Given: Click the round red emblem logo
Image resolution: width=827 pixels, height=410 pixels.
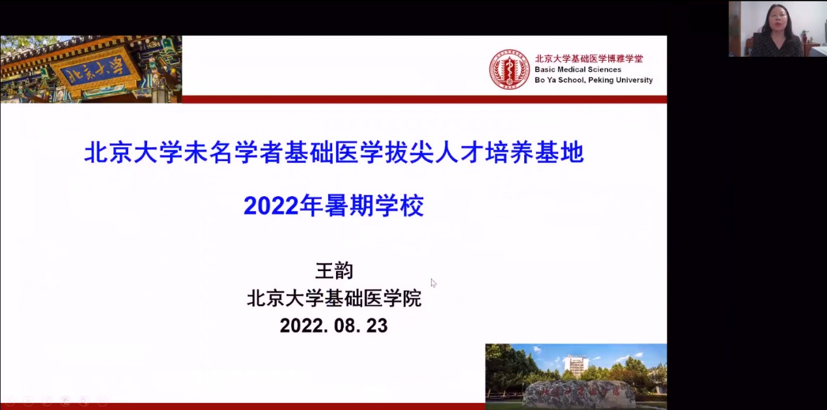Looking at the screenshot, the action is (509, 70).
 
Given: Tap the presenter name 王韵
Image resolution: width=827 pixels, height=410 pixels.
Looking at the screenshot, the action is (334, 271).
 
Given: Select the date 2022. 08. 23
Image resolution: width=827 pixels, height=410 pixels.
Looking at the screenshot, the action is (334, 326).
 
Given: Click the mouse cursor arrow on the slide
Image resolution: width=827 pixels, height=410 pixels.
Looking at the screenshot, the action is (434, 283).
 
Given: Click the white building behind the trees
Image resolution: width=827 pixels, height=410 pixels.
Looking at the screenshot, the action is (576, 364).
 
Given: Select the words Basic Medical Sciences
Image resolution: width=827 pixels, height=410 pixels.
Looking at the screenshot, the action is (578, 70).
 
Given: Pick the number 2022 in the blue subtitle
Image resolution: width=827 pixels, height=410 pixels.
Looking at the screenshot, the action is (271, 206).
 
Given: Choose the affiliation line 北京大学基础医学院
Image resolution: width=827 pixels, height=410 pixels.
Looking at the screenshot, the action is (334, 298).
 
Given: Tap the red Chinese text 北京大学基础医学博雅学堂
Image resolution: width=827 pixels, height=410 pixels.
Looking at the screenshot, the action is (589, 59).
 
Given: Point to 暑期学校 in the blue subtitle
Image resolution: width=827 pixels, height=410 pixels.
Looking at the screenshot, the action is (374, 205).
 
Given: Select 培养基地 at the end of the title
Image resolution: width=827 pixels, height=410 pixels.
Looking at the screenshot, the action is (535, 153).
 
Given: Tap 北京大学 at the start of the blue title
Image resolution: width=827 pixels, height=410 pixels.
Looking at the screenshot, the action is (133, 153).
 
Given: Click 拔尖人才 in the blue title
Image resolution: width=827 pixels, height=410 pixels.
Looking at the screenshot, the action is (434, 153).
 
